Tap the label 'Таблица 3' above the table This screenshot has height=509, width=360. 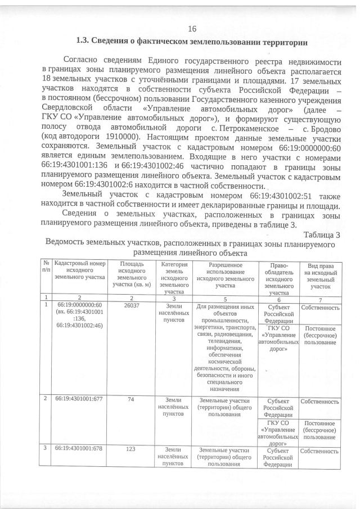click(321, 235)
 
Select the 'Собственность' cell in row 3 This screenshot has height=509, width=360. click(321, 451)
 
